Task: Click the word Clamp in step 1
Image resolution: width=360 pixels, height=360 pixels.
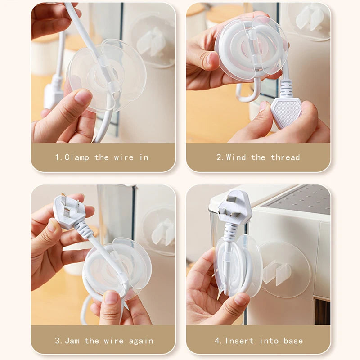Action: point(77,157)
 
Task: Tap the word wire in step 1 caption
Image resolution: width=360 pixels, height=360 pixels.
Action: point(124,157)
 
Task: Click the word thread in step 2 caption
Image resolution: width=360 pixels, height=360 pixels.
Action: point(285,157)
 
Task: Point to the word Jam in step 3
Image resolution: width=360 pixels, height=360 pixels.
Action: point(72,341)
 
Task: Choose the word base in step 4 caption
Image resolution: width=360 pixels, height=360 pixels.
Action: point(293,341)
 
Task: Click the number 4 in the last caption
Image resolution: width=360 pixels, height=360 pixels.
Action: point(218,341)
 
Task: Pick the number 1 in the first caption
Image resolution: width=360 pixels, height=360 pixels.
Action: point(58,157)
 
